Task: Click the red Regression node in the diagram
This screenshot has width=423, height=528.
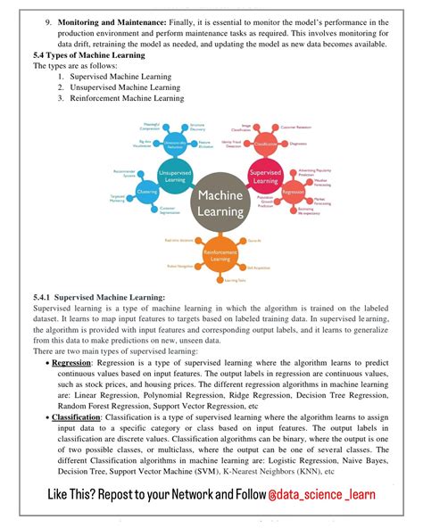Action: [291, 191]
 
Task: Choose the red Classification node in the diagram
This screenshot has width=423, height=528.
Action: [266, 143]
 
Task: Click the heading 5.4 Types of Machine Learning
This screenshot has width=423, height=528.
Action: [83, 55]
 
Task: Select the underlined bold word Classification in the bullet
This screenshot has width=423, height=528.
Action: [76, 417]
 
